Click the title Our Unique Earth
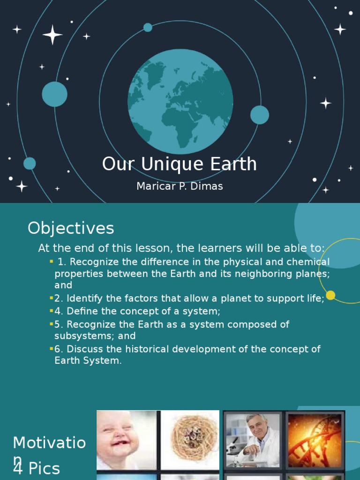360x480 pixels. [x=180, y=165]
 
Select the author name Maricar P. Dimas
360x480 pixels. [x=180, y=186]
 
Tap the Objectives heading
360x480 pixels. [x=71, y=228]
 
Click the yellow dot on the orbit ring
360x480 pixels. [x=330, y=295]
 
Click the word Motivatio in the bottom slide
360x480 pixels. [x=49, y=442]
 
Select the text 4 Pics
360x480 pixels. [x=37, y=468]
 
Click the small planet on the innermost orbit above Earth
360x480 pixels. [x=148, y=28]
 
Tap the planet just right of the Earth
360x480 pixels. [x=259, y=115]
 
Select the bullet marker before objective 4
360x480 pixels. [x=51, y=311]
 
